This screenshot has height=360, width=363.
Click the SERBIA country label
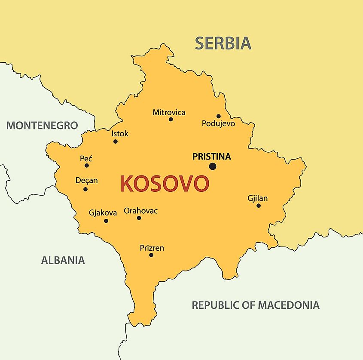click(223, 43)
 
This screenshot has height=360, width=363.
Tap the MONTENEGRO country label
click(42, 126)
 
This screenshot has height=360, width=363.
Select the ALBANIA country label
click(63, 260)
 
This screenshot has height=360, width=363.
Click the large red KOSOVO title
click(165, 184)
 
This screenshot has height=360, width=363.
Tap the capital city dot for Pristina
click(212, 166)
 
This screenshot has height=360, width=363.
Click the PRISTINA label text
click(211, 157)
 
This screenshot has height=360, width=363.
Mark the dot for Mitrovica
click(171, 119)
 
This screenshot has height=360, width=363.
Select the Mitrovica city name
click(169, 112)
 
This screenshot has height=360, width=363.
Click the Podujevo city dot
click(218, 116)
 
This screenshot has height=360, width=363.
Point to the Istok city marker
click(115, 141)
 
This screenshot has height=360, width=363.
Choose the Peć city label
click(86, 158)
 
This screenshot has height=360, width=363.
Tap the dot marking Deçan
click(85, 189)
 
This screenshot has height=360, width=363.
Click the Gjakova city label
click(103, 212)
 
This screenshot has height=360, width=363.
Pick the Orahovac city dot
click(139, 218)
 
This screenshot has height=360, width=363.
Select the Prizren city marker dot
click(151, 255)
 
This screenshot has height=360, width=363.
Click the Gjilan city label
click(257, 198)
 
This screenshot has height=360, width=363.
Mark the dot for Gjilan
click(259, 206)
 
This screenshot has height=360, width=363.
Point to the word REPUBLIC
click(214, 305)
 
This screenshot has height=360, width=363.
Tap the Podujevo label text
click(218, 123)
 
